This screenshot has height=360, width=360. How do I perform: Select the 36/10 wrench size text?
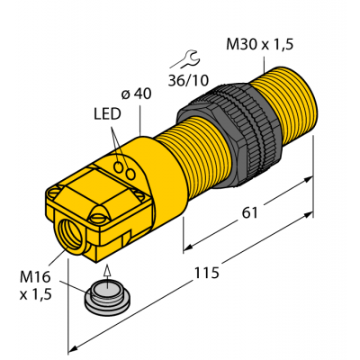[189, 80]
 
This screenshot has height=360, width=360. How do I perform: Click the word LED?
[105, 115]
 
